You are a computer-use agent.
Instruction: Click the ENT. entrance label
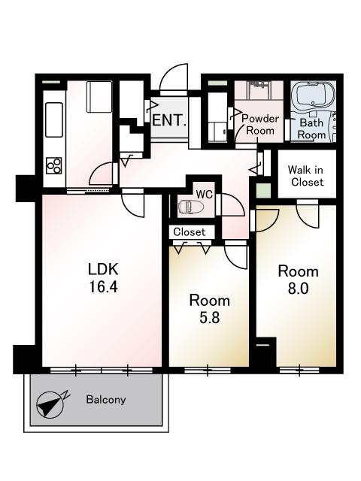(x=169, y=120)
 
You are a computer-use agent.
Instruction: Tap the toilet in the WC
(x=188, y=207)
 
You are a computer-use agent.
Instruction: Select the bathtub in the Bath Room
(x=313, y=95)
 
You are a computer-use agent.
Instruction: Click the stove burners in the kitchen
(x=54, y=165)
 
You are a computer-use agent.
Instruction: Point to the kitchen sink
(x=54, y=120)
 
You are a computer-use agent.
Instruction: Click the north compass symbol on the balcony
(x=50, y=405)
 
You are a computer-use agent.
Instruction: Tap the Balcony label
(x=106, y=400)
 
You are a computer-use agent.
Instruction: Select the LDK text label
(x=103, y=269)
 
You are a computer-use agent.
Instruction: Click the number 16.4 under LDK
(x=103, y=287)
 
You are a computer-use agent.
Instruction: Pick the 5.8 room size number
(x=210, y=317)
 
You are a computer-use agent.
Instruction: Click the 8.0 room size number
(x=298, y=289)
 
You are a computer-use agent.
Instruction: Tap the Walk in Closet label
(x=306, y=176)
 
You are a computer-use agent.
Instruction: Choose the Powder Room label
(x=260, y=125)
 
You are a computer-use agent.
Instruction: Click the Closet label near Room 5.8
(x=189, y=232)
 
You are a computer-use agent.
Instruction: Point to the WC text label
(x=205, y=194)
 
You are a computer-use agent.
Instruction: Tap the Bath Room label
(x=312, y=129)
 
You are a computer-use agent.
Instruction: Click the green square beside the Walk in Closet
(x=264, y=191)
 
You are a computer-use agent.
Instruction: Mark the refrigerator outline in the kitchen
(x=99, y=97)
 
